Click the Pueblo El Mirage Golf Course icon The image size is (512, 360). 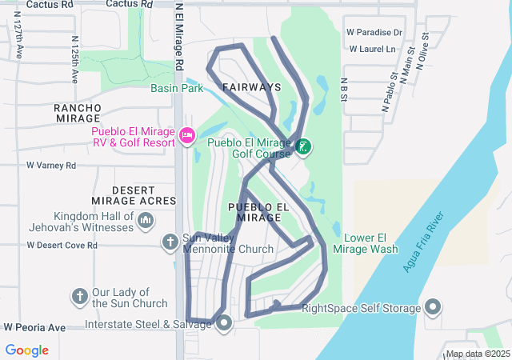pyautogui.click(x=303, y=146)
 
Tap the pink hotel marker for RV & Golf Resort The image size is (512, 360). pyautogui.click(x=187, y=135)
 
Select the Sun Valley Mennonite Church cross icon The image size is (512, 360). pyautogui.click(x=170, y=241)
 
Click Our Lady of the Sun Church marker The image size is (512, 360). pyautogui.click(x=79, y=297)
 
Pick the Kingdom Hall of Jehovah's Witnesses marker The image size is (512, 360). pyautogui.click(x=145, y=222)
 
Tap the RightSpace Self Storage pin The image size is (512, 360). pyautogui.click(x=433, y=307)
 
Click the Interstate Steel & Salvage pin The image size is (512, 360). pyautogui.click(x=224, y=323)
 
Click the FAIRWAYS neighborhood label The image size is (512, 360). pyautogui.click(x=252, y=86)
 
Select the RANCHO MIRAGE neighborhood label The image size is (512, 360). pyautogui.click(x=78, y=113)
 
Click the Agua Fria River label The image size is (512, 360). pyautogui.click(x=423, y=242)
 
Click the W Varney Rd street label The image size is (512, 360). pyautogui.click(x=50, y=166)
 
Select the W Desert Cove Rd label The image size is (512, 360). pyautogui.click(x=62, y=245)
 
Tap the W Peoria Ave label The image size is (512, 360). pyautogui.click(x=34, y=328)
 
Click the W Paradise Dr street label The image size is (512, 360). pyautogui.click(x=374, y=33)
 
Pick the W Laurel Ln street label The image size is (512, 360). pyautogui.click(x=371, y=50)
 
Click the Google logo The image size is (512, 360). pyautogui.click(x=27, y=350)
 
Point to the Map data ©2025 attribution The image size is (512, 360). pyautogui.click(x=477, y=354)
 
